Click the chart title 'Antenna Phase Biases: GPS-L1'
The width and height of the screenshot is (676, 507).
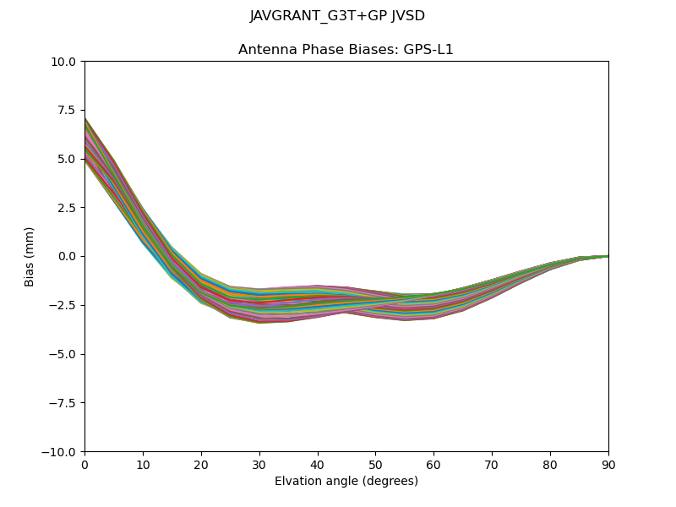tap(346, 50)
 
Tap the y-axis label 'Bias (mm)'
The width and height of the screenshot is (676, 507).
tap(30, 256)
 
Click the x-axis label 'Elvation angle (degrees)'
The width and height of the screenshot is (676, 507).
tap(346, 482)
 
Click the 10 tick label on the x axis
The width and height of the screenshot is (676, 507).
tap(143, 464)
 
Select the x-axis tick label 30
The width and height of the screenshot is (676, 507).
tap(259, 464)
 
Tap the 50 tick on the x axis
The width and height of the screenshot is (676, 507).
tap(375, 464)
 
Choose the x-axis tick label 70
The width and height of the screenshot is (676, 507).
tap(492, 464)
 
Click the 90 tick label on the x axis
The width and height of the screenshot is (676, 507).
tap(608, 464)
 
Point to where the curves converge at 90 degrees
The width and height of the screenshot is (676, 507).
tap(608, 256)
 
